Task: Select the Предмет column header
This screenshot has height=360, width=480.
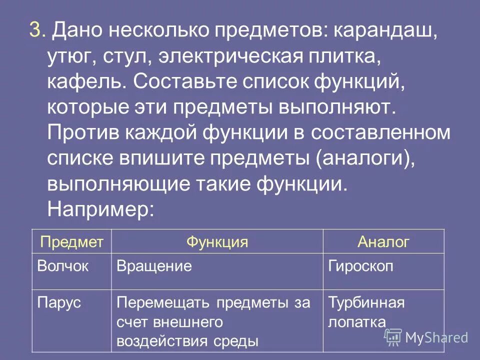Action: [x=71, y=242]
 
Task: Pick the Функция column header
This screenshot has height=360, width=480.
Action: [x=217, y=242]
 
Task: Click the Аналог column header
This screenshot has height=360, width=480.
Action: [x=383, y=242]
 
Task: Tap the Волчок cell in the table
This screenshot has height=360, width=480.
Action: [x=62, y=266]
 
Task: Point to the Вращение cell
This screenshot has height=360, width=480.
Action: [x=154, y=266]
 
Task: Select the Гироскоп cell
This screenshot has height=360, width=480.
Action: [x=360, y=266]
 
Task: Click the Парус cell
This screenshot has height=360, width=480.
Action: [x=59, y=302]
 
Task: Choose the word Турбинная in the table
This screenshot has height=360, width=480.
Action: [x=366, y=302]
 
